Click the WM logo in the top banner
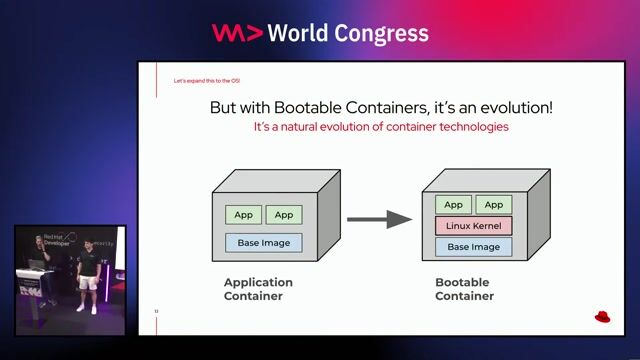[x=237, y=33]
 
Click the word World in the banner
[x=303, y=33]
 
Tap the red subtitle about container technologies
[x=381, y=128]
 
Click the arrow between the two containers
[x=379, y=219]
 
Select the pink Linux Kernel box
[x=473, y=226]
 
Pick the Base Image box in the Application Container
[x=263, y=241]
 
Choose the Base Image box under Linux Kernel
[x=473, y=246]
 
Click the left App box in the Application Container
[x=243, y=214]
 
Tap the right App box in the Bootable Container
[x=494, y=205]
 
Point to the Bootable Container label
[x=464, y=289]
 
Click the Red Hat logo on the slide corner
[x=602, y=317]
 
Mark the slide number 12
[x=156, y=311]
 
